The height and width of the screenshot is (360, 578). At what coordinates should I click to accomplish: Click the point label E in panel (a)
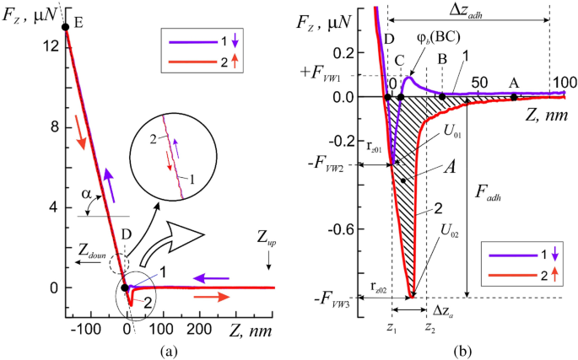tap(78, 24)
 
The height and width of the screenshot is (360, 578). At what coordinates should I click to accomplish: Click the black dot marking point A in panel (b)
tap(513, 98)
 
